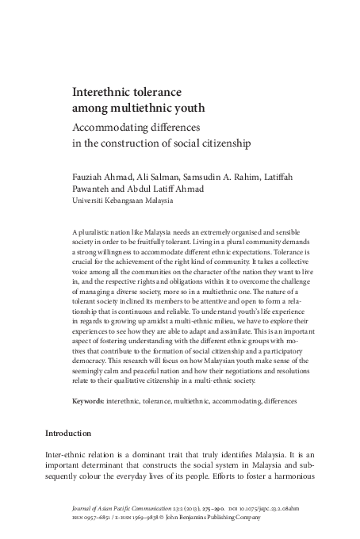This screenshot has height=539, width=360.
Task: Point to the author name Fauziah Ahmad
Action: [x=101, y=176]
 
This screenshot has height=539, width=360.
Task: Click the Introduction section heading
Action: [x=68, y=434]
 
